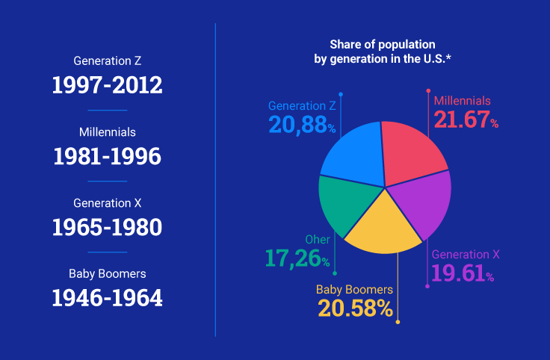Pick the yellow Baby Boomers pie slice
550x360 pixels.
(382, 225)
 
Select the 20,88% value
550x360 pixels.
(302, 124)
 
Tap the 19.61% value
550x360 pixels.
(463, 273)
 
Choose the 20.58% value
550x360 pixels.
(356, 307)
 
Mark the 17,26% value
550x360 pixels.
(297, 258)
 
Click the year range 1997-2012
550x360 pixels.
(107, 84)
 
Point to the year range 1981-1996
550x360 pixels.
(107, 156)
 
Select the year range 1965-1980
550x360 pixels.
(107, 227)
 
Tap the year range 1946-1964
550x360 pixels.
(107, 297)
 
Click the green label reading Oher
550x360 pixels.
(317, 240)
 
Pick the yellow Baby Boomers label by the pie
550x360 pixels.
(354, 289)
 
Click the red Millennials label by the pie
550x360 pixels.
(462, 101)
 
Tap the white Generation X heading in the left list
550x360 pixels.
(108, 203)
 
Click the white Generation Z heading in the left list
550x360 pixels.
(108, 60)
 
